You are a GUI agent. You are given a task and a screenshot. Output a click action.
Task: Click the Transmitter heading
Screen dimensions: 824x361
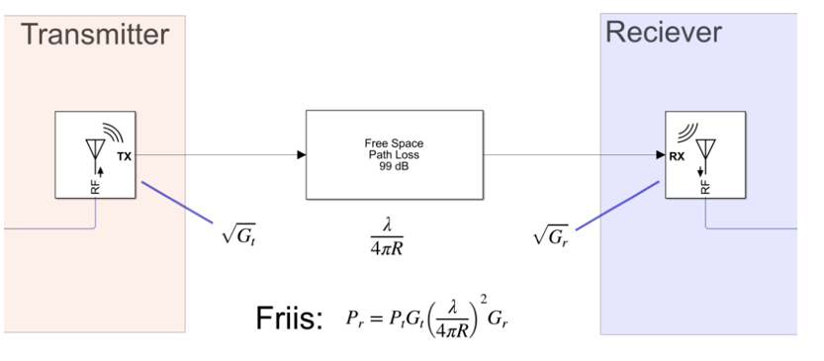(x=95, y=35)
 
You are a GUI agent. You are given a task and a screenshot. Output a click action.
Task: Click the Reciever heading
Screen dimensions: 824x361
(x=664, y=32)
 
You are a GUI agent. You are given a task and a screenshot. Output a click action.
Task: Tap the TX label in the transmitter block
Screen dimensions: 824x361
(x=124, y=156)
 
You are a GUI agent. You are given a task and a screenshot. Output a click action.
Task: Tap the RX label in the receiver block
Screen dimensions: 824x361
(x=677, y=156)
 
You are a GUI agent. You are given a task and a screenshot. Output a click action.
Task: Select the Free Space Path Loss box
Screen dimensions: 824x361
(x=395, y=154)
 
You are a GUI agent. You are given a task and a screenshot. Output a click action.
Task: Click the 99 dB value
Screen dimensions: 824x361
(x=394, y=165)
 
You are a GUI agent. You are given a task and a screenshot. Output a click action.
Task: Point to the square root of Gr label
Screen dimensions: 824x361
(x=551, y=236)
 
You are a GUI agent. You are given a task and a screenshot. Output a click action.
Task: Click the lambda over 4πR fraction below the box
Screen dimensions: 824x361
(x=388, y=237)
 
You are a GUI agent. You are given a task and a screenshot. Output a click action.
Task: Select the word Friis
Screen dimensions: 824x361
(x=289, y=317)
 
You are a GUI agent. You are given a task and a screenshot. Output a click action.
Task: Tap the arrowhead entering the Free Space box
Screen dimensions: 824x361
(x=302, y=154)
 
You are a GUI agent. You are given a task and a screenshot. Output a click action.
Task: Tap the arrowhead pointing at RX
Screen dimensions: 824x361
(x=661, y=155)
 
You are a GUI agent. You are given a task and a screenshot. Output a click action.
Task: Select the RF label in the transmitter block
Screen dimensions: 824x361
(x=95, y=187)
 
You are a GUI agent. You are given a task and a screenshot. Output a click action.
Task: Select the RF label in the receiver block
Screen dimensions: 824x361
(x=705, y=187)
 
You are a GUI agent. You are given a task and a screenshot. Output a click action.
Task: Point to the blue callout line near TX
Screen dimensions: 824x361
(x=178, y=203)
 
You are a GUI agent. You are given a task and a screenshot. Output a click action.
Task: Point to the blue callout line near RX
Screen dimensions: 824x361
(x=617, y=206)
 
